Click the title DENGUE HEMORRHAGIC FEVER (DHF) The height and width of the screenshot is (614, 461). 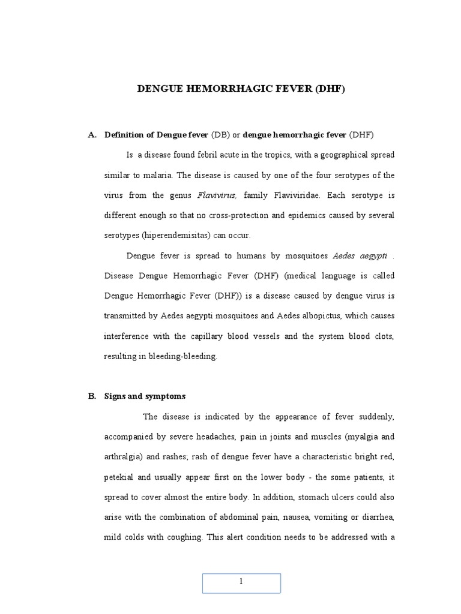(x=241, y=89)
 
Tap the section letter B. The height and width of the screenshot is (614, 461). (x=92, y=396)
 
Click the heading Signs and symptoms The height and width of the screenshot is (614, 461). (x=145, y=396)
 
